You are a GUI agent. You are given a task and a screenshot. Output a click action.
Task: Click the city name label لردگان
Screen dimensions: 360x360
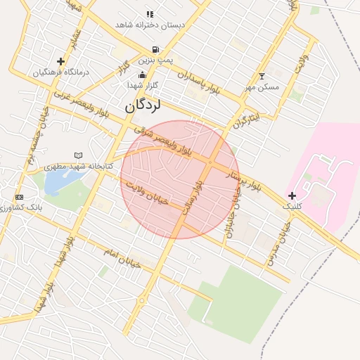[x=143, y=105]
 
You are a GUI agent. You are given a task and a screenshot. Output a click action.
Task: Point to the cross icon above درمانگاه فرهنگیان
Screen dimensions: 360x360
[x=60, y=62]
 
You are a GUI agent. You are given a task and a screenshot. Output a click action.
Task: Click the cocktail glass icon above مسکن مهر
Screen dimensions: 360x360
[x=262, y=76]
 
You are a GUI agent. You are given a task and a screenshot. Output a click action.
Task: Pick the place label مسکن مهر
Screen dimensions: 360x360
[x=262, y=87]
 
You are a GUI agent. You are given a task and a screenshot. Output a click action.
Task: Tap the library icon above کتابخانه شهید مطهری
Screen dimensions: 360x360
[x=78, y=155]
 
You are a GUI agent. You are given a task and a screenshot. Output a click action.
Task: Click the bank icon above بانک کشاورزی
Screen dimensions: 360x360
[x=19, y=197]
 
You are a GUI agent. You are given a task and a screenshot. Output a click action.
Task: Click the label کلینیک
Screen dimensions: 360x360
[x=292, y=207]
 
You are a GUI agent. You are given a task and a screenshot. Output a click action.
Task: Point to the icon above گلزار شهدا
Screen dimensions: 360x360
[x=143, y=75]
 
